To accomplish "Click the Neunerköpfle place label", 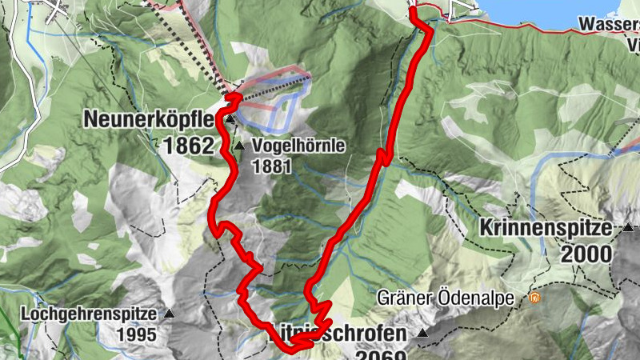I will (x=150, y=120).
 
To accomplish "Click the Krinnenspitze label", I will (x=546, y=228).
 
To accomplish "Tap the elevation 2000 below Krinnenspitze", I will (x=586, y=255).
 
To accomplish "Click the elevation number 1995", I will (x=136, y=334).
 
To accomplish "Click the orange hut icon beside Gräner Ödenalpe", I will (x=534, y=298).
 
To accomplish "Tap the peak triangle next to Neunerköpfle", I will (x=230, y=120).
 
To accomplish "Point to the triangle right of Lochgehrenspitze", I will (x=170, y=314).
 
